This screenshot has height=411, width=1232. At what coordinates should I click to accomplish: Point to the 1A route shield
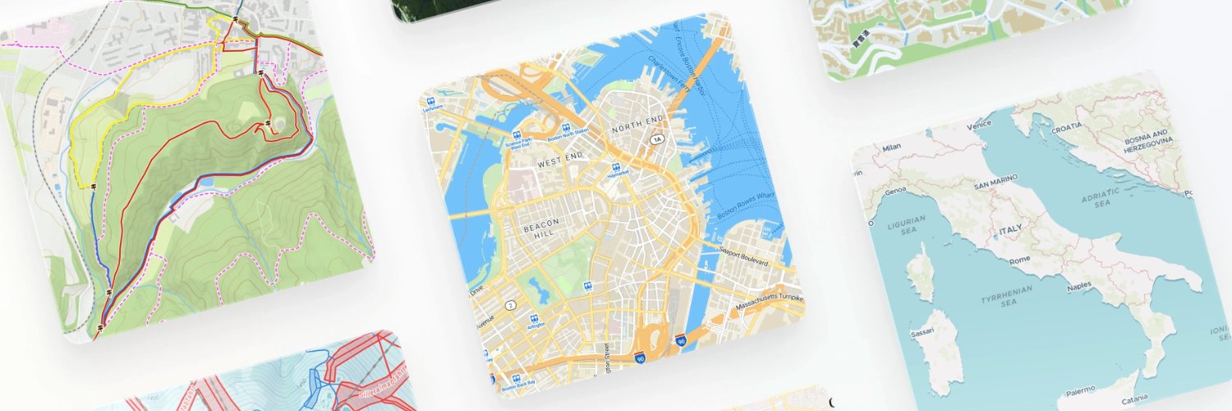(x=656, y=141)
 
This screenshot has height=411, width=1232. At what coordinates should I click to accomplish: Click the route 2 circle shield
(x=511, y=305)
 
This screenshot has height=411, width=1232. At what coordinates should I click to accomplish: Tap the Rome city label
(x=1018, y=259)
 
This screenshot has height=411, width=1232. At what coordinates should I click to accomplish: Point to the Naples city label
(x=1081, y=289)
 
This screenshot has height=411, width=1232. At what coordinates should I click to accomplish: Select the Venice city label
(x=979, y=125)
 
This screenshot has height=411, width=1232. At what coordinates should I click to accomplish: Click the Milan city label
(x=891, y=148)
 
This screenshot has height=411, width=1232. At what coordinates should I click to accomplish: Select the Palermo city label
(x=1077, y=390)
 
